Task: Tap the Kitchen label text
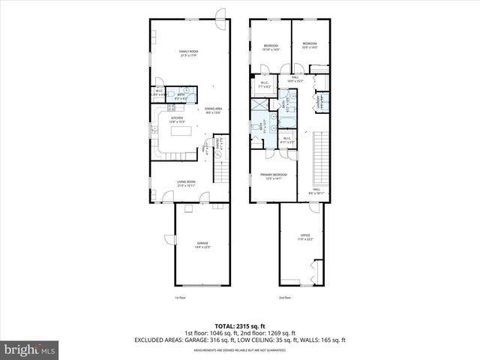(178, 119)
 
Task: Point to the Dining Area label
(213, 111)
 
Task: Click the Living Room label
(186, 181)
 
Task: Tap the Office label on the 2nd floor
(305, 237)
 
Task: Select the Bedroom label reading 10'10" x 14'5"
(271, 46)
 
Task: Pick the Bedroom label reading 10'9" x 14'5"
(310, 46)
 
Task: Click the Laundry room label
(319, 101)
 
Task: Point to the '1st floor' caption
(181, 298)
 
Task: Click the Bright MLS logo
(30, 349)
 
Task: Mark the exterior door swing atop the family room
(220, 13)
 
